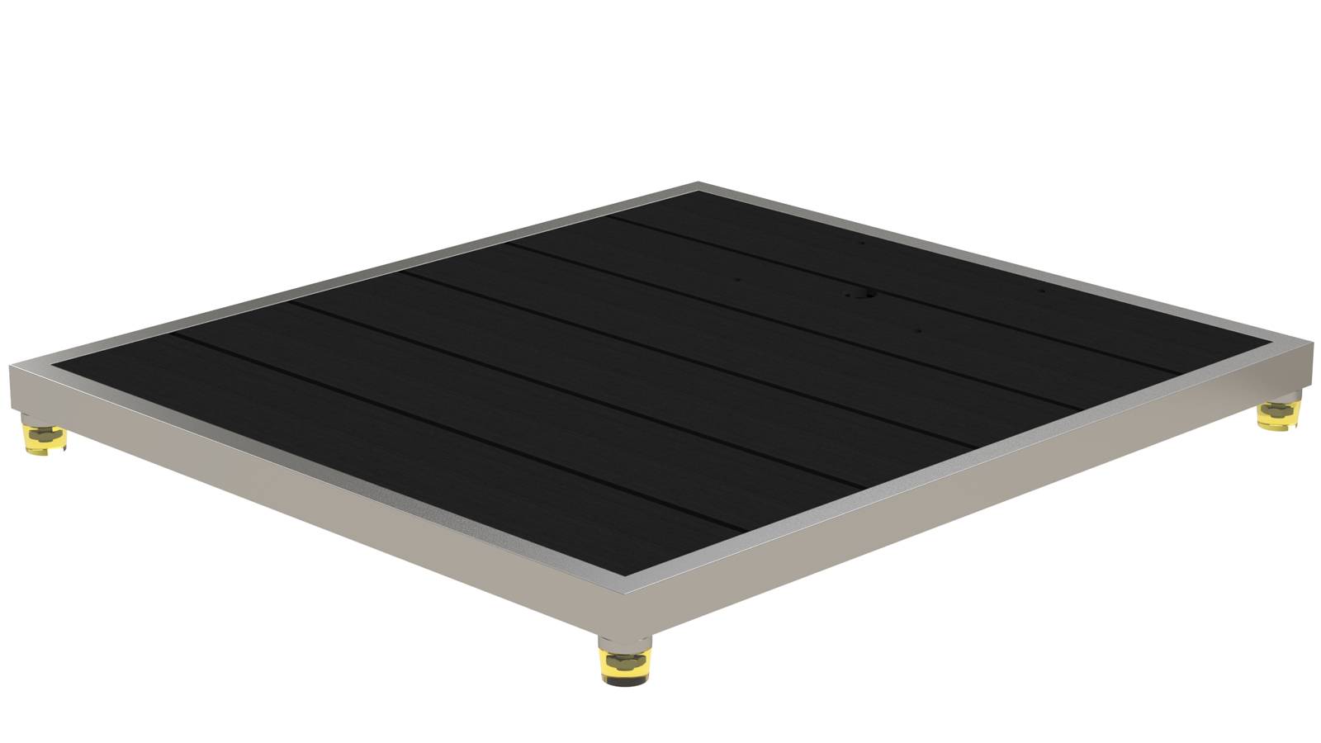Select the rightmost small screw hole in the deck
pyautogui.click(x=1041, y=291)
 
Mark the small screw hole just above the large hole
pyautogui.click(x=861, y=244)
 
